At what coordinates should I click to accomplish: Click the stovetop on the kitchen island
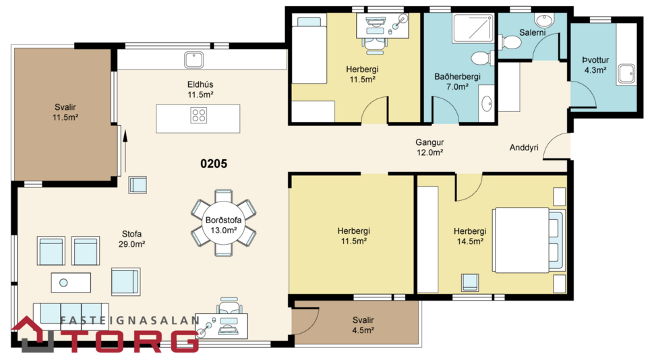(x=198, y=115)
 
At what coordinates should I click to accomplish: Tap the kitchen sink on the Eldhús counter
(x=196, y=61)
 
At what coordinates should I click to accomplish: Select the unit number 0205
(x=214, y=163)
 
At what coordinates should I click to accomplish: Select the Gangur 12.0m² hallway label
(x=429, y=148)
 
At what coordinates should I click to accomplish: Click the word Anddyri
(x=524, y=148)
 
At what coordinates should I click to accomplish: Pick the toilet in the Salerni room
(x=512, y=43)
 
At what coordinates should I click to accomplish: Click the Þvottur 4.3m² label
(x=595, y=64)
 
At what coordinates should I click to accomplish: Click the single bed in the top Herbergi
(x=307, y=47)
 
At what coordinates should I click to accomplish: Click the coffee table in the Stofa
(x=71, y=282)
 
